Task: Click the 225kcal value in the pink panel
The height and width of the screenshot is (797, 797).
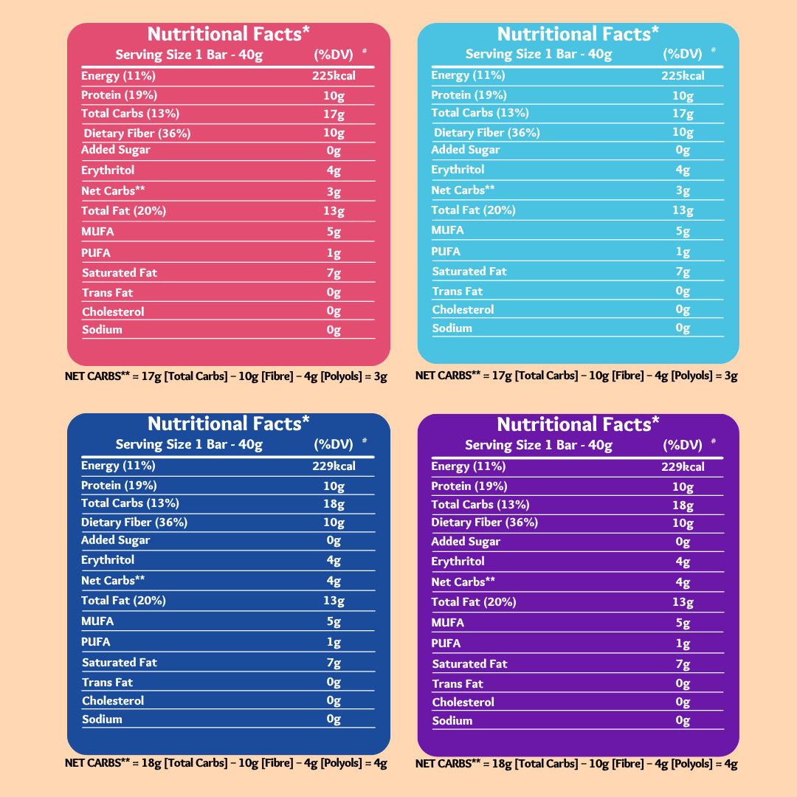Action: [x=334, y=75]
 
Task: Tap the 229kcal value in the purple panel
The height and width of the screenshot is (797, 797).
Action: [x=683, y=466]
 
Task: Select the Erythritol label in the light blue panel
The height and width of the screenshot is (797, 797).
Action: [x=458, y=170]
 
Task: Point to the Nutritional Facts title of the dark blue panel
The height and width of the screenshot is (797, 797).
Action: [x=229, y=424]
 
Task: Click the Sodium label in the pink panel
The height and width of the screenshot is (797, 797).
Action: [x=102, y=330]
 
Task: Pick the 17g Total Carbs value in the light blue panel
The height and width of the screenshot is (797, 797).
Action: [x=683, y=114]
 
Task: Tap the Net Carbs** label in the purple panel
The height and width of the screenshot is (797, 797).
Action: [x=463, y=582]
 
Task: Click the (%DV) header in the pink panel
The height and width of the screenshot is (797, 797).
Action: [x=333, y=54]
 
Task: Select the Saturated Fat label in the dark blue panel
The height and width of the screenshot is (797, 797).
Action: [x=120, y=663]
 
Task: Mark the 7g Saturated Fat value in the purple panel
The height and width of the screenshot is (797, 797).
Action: [x=683, y=664]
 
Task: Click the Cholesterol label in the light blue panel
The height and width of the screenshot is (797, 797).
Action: [x=463, y=310]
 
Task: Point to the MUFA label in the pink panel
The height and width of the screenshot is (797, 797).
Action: [x=97, y=232]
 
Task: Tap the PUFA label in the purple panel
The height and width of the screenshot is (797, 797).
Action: [x=446, y=644]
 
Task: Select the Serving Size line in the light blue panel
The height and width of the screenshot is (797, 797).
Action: [x=539, y=54]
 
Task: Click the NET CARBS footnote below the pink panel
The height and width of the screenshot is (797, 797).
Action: [x=226, y=376]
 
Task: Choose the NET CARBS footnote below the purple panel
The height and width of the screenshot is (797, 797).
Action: [x=576, y=764]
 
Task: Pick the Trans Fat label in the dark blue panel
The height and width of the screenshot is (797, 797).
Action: [x=107, y=683]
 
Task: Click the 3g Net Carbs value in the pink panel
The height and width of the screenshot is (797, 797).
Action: [x=334, y=192]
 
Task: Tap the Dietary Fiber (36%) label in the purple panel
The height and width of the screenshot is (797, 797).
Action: [x=484, y=522]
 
